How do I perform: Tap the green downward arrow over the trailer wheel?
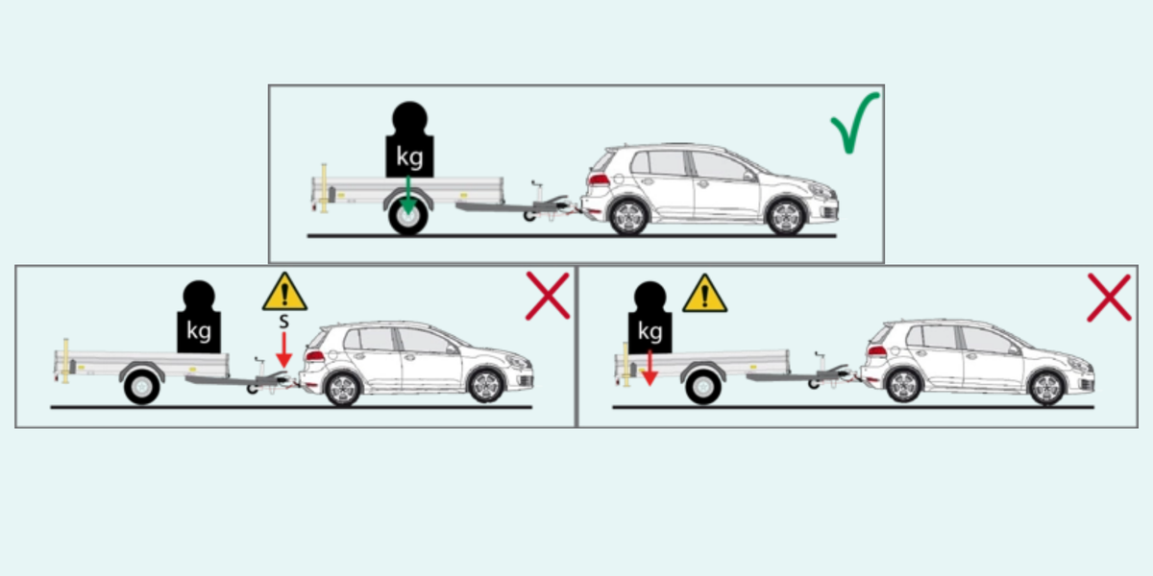[408, 196]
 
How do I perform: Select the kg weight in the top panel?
[409, 140]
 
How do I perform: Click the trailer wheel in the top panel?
[408, 217]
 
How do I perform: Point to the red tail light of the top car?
[599, 180]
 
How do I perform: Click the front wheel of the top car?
[786, 217]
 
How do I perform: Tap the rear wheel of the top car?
[628, 217]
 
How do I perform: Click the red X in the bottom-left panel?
[548, 297]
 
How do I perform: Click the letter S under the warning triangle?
[284, 322]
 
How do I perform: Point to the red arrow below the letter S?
[284, 350]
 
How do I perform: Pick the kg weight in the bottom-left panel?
[199, 317]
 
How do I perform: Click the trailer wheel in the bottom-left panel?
[141, 387]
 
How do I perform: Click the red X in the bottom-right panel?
[1109, 298]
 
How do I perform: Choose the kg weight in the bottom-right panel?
[650, 318]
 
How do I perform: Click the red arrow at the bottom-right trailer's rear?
[650, 369]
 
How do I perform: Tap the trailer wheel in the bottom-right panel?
[703, 387]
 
